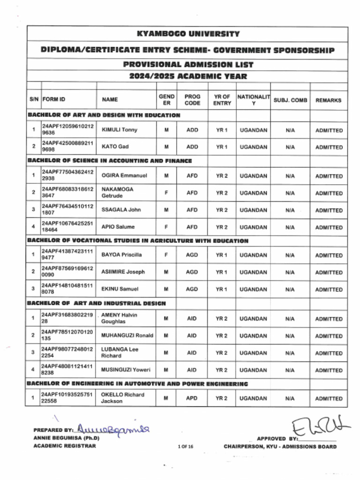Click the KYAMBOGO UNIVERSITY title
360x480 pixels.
pos(187,34)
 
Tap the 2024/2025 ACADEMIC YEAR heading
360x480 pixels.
pos(187,76)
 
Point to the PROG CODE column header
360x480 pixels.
pos(192,100)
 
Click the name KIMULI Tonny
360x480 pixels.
pos(120,130)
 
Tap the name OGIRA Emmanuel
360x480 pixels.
pos(124,176)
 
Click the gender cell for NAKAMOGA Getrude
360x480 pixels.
pos(166,193)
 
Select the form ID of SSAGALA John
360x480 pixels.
pos(67,210)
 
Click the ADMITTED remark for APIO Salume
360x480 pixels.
pos(329,227)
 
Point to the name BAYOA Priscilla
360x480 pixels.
pos(121,255)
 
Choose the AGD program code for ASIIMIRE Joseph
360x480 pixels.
pos(192,272)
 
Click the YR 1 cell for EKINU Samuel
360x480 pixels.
pos(222,289)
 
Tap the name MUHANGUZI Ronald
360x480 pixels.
pos(127,336)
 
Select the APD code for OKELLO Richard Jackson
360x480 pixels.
pos(192,398)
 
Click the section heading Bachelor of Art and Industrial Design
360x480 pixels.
pos(97,303)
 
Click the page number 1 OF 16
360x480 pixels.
pos(186,447)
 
